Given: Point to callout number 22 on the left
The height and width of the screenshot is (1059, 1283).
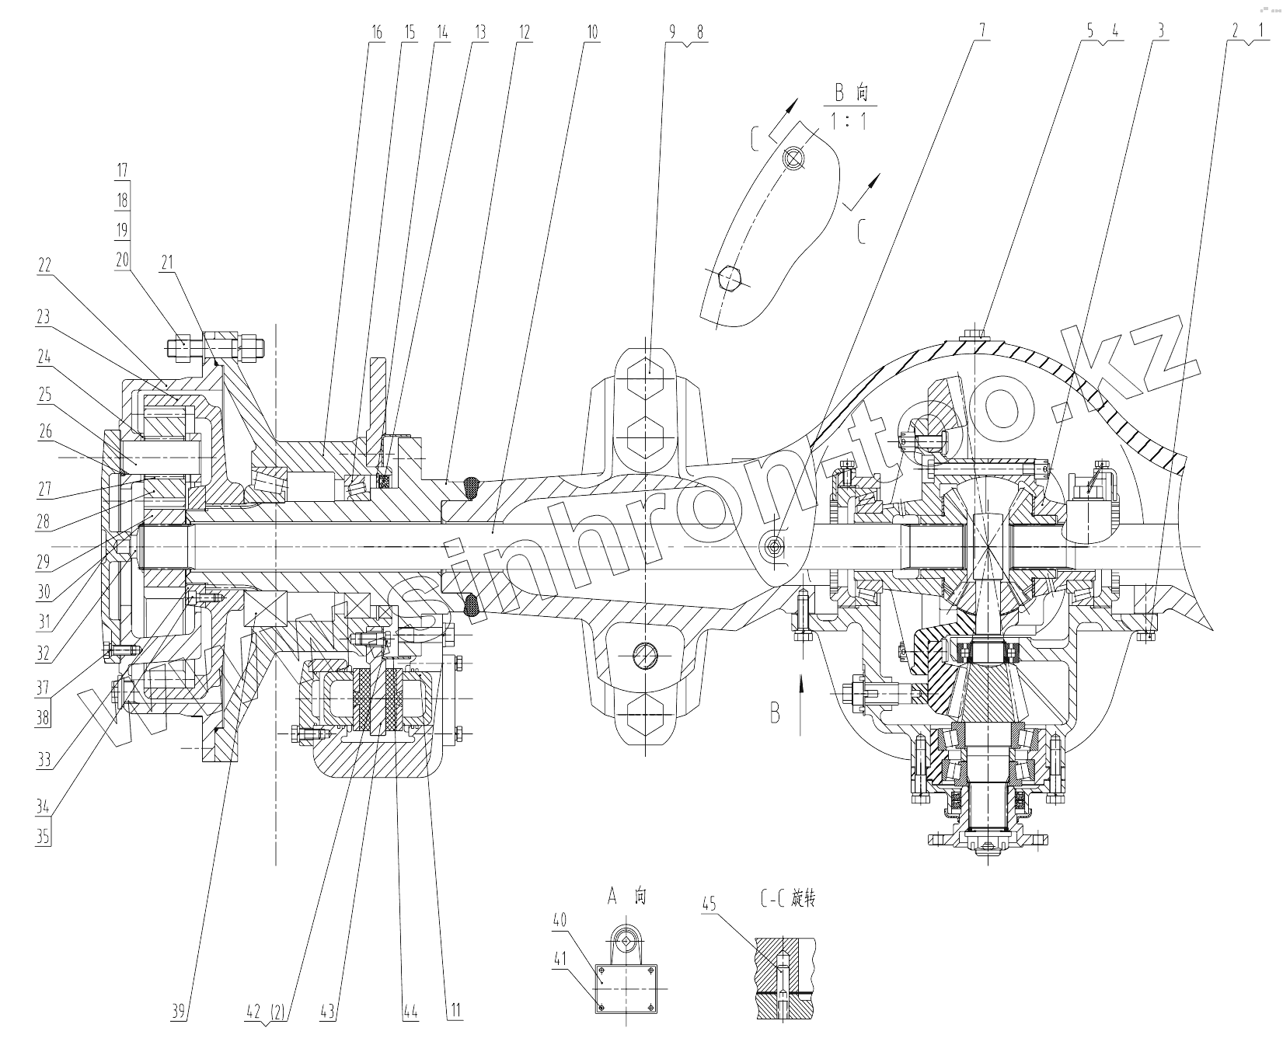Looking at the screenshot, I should (44, 264).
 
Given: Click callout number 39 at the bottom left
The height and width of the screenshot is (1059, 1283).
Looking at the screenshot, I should (180, 1011).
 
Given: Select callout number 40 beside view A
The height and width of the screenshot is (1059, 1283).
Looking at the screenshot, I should (560, 920).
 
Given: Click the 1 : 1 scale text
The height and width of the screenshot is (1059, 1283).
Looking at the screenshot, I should (848, 121).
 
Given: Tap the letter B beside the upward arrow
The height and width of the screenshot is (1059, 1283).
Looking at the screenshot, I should (775, 712).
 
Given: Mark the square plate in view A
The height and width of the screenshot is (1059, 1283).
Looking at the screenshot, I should (626, 989).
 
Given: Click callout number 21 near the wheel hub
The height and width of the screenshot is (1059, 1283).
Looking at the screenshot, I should (167, 263).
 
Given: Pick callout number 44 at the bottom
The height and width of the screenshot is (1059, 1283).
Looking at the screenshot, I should (410, 1011).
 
